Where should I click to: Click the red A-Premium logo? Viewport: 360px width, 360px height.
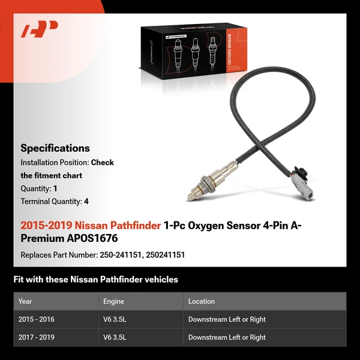point(40,29)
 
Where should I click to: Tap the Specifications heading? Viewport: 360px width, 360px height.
point(55,148)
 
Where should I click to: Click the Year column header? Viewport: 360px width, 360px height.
point(25,301)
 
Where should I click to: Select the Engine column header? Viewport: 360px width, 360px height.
point(113,301)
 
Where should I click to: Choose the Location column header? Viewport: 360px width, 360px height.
point(201,301)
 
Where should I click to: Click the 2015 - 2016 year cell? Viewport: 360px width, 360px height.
point(37,319)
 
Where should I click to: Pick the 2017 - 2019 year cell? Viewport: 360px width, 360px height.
point(37,337)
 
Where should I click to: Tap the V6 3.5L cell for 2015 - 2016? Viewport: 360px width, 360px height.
point(115,319)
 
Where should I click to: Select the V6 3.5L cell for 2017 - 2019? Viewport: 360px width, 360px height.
point(115,337)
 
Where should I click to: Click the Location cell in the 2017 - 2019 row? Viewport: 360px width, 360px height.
point(227,337)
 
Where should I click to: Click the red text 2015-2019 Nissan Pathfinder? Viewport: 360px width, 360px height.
point(91,226)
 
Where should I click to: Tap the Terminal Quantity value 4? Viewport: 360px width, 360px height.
point(86,202)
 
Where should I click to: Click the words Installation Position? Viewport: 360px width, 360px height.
point(54,163)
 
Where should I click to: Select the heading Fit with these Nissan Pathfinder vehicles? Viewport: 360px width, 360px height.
point(96,280)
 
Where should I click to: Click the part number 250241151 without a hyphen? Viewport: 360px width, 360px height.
point(166,255)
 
